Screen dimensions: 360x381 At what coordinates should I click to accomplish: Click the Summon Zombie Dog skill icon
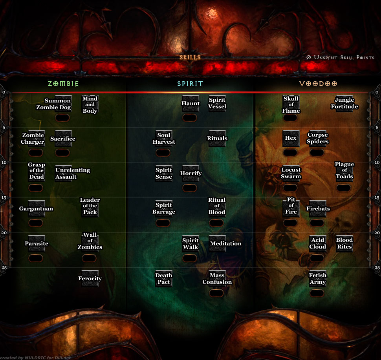click(x=63, y=103)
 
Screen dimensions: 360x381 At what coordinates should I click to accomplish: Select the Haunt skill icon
click(x=190, y=103)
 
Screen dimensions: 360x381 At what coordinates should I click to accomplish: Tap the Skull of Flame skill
click(x=291, y=104)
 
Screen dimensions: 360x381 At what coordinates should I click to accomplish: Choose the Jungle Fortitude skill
click(x=344, y=103)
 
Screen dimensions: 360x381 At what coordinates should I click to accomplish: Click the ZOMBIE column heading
click(x=63, y=84)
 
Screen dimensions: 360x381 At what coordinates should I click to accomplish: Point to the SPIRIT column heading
click(x=190, y=84)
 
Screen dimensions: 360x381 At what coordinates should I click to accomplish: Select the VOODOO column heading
click(x=318, y=84)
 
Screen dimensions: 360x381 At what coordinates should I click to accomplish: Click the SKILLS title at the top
click(x=190, y=57)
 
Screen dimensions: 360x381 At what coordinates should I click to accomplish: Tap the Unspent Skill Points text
click(x=340, y=58)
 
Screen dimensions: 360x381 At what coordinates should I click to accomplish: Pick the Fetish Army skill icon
click(x=318, y=279)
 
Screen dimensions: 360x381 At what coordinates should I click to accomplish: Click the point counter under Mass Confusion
click(x=216, y=293)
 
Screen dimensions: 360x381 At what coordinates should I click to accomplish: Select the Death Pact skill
click(x=164, y=279)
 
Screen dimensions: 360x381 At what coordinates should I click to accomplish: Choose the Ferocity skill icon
click(x=90, y=279)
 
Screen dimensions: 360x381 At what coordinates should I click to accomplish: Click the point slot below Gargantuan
click(x=36, y=223)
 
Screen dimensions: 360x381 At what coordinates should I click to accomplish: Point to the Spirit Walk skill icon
click(x=190, y=244)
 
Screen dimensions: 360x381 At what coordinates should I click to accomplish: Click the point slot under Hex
click(x=291, y=153)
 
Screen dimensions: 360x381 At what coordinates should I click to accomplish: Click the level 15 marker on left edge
click(x=4, y=197)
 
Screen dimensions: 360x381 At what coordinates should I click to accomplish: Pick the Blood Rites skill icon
click(x=344, y=244)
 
